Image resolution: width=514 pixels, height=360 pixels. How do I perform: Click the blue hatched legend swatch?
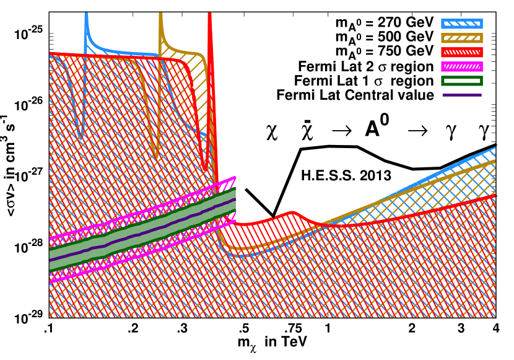pos(461,24)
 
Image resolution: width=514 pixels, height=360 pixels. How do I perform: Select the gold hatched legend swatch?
pos(461,38)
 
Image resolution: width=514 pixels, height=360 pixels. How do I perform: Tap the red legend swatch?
pos(461,52)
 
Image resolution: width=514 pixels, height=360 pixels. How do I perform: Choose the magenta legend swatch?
pos(461,66)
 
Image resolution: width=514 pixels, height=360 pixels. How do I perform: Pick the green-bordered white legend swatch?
pos(461,81)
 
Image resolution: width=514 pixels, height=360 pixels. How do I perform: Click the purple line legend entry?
pos(461,95)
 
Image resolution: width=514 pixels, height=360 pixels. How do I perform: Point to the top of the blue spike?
pos(85,14)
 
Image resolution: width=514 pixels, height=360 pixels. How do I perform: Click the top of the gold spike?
pos(160,14)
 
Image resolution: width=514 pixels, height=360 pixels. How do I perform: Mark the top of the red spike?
pos(209,14)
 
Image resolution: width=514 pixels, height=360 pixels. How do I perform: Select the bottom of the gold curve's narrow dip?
pos(156,155)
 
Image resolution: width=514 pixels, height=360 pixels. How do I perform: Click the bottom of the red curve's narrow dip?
pos(204,169)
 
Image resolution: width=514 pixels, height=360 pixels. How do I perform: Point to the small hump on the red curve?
pos(292,213)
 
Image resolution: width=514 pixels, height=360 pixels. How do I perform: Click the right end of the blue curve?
pos(495,147)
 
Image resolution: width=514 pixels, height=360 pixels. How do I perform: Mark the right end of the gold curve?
pos(495,161)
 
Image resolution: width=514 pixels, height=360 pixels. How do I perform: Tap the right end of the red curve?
pos(495,196)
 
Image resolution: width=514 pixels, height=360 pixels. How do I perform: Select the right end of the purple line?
pos(235,200)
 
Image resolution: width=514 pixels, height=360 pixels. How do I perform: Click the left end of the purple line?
pos(50,260)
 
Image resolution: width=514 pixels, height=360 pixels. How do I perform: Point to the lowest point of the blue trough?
pos(238,255)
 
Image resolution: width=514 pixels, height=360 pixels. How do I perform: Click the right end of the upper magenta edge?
pos(235,177)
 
